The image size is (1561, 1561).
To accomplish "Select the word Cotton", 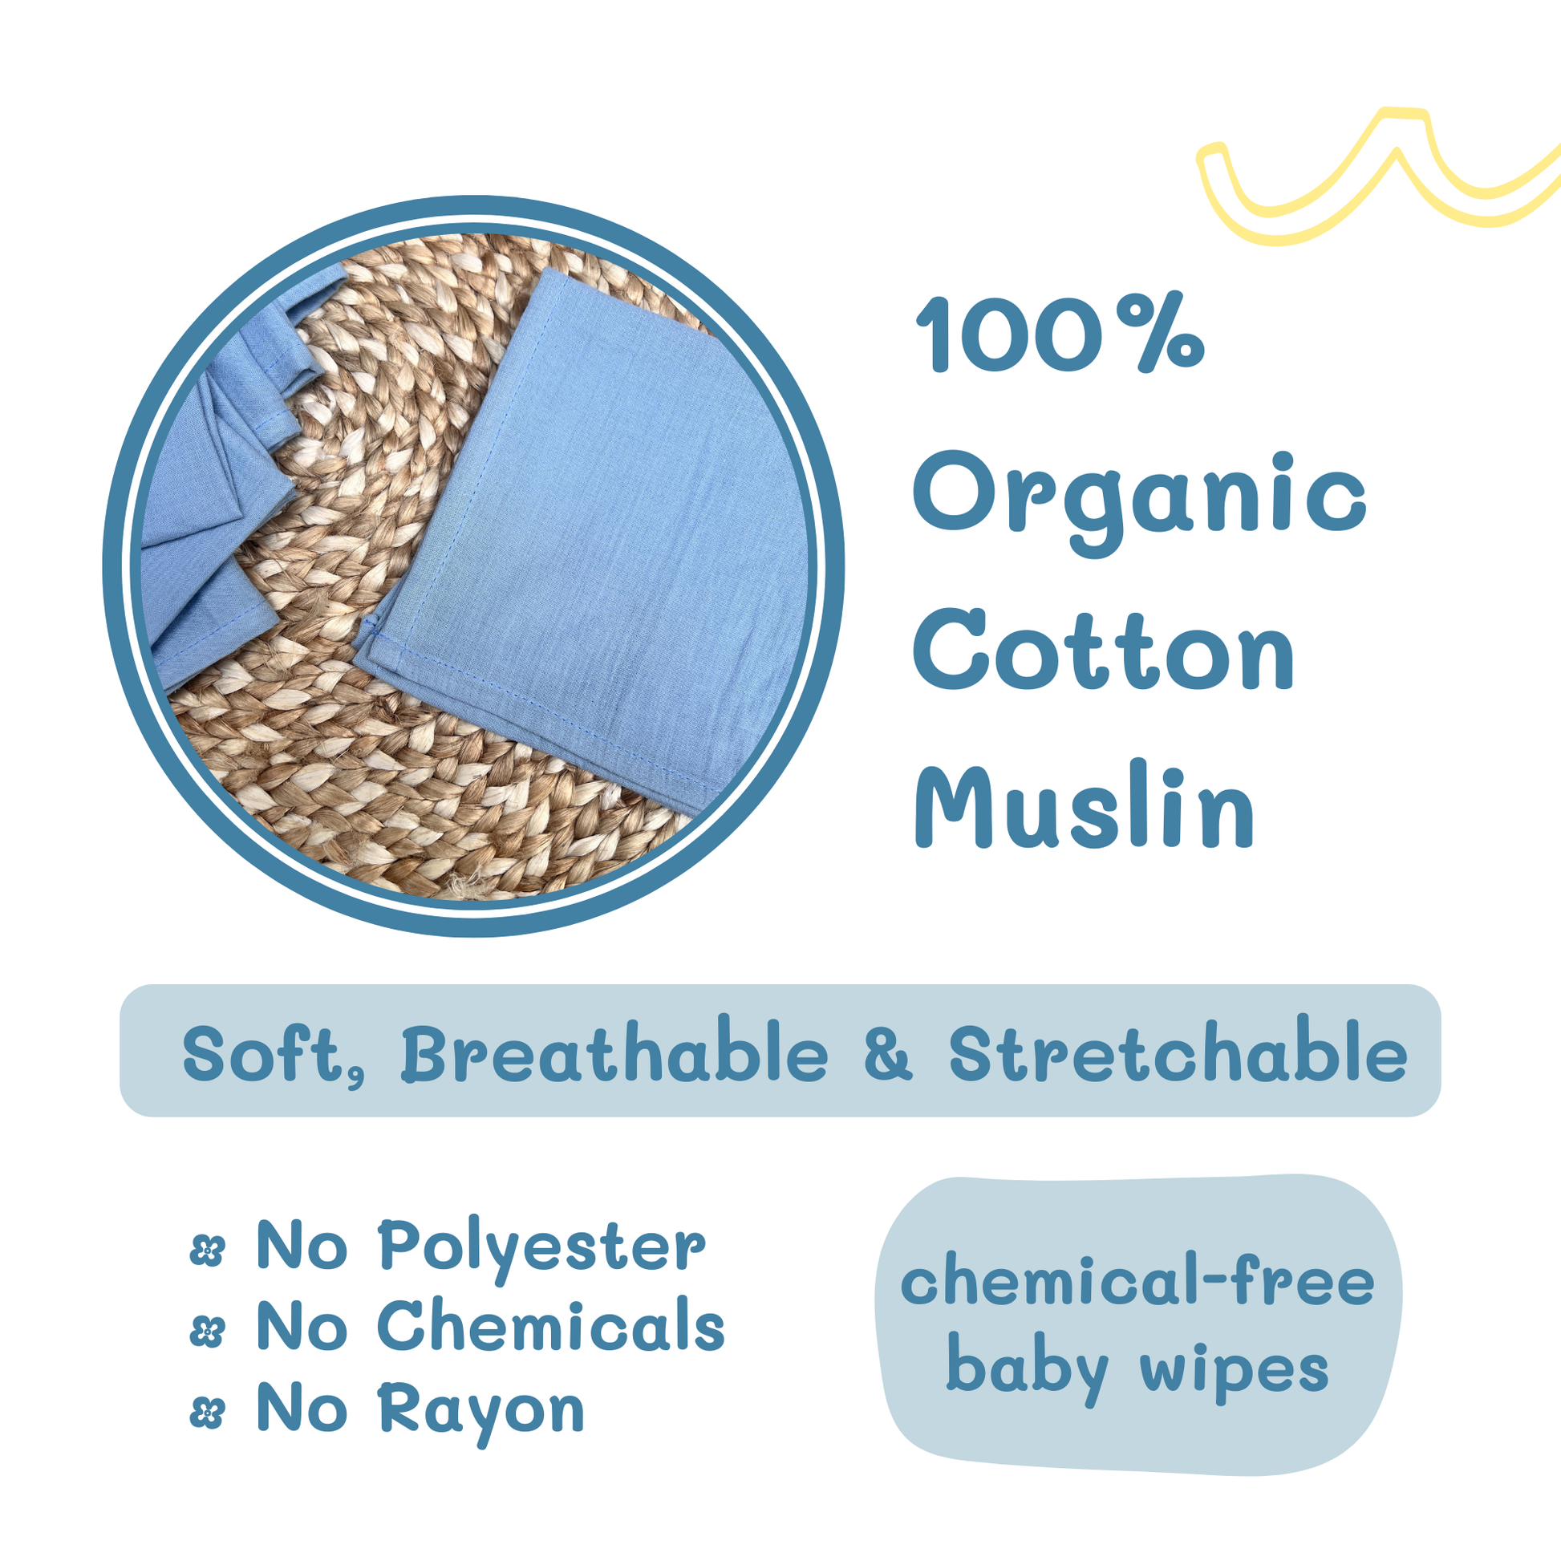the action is tap(1104, 651).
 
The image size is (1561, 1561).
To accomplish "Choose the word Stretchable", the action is tap(1178, 1051).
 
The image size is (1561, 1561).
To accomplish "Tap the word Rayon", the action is tap(480, 1413).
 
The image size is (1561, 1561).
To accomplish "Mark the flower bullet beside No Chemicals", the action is tap(207, 1332).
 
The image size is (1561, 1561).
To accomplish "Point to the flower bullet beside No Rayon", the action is tap(207, 1414).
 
